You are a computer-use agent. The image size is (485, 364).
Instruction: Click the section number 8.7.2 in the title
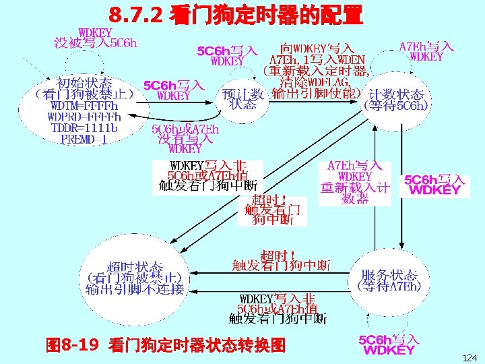[135, 13]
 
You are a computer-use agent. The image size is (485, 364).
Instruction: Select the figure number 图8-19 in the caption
[72, 346]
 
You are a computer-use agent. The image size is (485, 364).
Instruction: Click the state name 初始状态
[85, 84]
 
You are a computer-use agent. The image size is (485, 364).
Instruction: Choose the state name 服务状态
[389, 275]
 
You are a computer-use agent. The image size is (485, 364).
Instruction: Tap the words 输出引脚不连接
[135, 289]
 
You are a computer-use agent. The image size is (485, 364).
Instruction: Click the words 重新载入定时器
[315, 70]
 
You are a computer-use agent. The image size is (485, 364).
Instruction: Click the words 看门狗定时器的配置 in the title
[267, 13]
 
